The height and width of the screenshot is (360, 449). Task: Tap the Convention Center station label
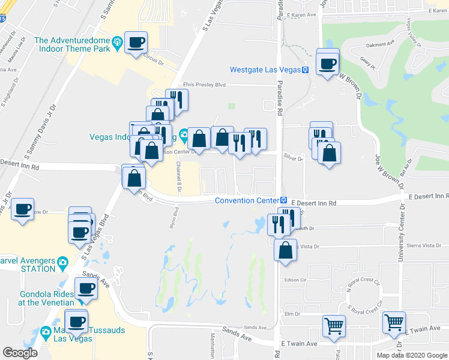pos(247,200)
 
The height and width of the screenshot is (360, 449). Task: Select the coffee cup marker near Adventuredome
pos(136,42)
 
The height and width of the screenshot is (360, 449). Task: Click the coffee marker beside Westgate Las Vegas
pos(328,64)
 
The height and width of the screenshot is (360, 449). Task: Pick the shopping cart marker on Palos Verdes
pos(334,326)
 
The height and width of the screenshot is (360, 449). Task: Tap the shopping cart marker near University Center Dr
pos(394,323)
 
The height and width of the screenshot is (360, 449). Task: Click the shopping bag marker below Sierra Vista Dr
pos(286,249)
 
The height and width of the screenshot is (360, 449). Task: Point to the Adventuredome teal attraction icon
pos(117,41)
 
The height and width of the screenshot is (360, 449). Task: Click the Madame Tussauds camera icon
pos(46,331)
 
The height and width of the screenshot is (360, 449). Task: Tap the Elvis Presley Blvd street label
pos(204,85)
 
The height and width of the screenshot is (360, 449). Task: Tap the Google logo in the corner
pos(20,353)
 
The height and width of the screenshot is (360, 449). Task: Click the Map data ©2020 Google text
pos(411,355)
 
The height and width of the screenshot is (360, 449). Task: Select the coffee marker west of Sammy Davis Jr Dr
pos(23,209)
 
